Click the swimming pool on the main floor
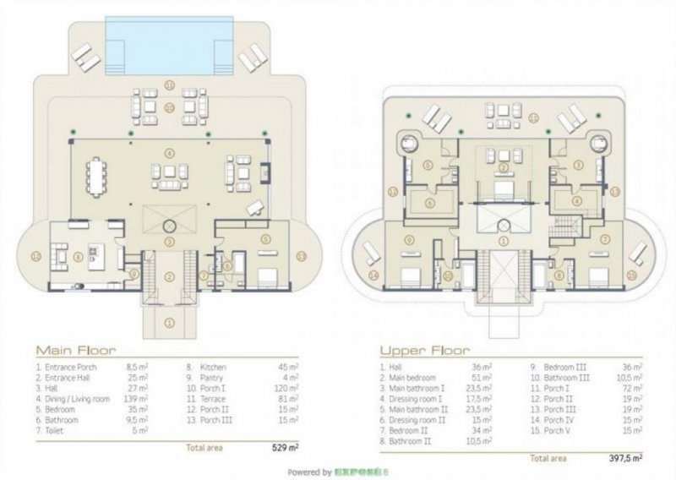[x=169, y=39]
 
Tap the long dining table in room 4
[x=98, y=178]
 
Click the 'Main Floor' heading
[x=75, y=349]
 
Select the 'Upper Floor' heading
[x=419, y=349]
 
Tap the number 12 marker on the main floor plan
[x=35, y=254]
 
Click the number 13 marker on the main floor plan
[x=303, y=254]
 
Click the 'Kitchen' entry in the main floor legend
[x=213, y=368]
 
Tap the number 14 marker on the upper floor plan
[x=373, y=274]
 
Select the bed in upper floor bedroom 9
[x=406, y=275]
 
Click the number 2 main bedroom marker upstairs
[x=504, y=167]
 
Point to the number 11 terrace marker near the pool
[x=169, y=85]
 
